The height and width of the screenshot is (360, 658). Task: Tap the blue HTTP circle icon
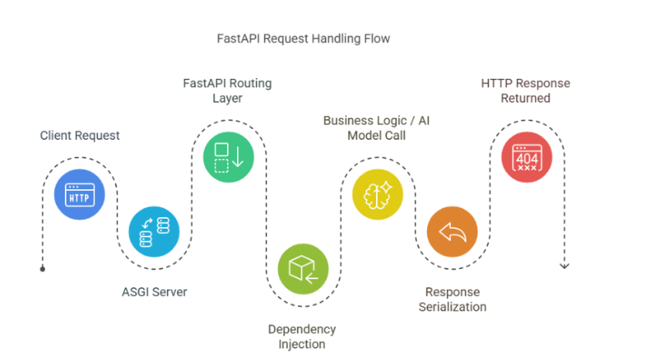(x=80, y=195)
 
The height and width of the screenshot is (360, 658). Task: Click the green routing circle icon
(x=229, y=156)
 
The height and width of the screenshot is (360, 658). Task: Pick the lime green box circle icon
(x=303, y=269)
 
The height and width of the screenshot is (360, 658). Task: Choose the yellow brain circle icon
(x=378, y=194)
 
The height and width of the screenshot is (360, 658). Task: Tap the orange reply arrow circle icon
(x=453, y=232)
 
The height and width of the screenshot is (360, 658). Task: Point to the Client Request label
(x=80, y=135)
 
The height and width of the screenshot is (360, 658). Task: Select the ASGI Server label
(x=154, y=292)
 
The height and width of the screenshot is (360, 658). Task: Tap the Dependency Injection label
(x=303, y=336)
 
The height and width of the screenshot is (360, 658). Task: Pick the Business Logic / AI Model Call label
(x=376, y=127)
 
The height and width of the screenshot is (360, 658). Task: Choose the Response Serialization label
(x=453, y=299)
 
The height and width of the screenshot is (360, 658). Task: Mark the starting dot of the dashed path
(x=42, y=269)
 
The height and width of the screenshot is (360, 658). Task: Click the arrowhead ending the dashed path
(x=564, y=266)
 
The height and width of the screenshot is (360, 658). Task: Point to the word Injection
(x=303, y=344)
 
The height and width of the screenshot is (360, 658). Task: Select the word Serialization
(x=453, y=307)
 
